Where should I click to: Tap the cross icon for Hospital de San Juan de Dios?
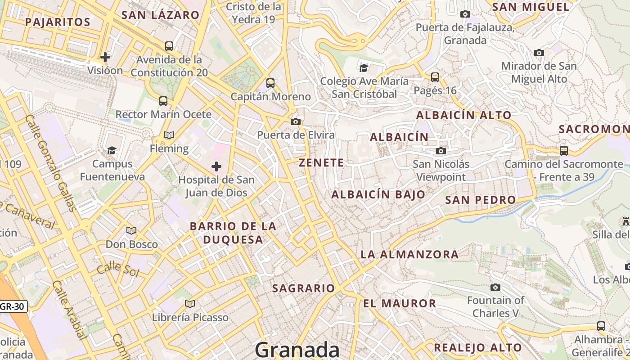(216, 167)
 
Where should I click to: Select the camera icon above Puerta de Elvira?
(296, 121)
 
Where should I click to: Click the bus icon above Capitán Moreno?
(270, 83)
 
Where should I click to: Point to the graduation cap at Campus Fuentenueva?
(112, 150)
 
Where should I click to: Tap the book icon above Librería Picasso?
(190, 304)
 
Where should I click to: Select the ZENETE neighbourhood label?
(321, 163)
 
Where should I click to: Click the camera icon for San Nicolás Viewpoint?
(441, 151)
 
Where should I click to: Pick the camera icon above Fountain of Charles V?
(495, 287)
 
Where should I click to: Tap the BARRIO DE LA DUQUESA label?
(233, 233)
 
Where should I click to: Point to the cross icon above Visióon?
(105, 57)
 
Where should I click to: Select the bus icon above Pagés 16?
(435, 77)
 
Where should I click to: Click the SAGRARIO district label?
(304, 288)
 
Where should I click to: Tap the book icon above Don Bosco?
(131, 231)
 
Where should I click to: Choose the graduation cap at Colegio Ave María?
(364, 68)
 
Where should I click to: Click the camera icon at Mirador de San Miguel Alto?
(539, 53)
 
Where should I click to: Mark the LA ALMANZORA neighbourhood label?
(409, 254)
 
